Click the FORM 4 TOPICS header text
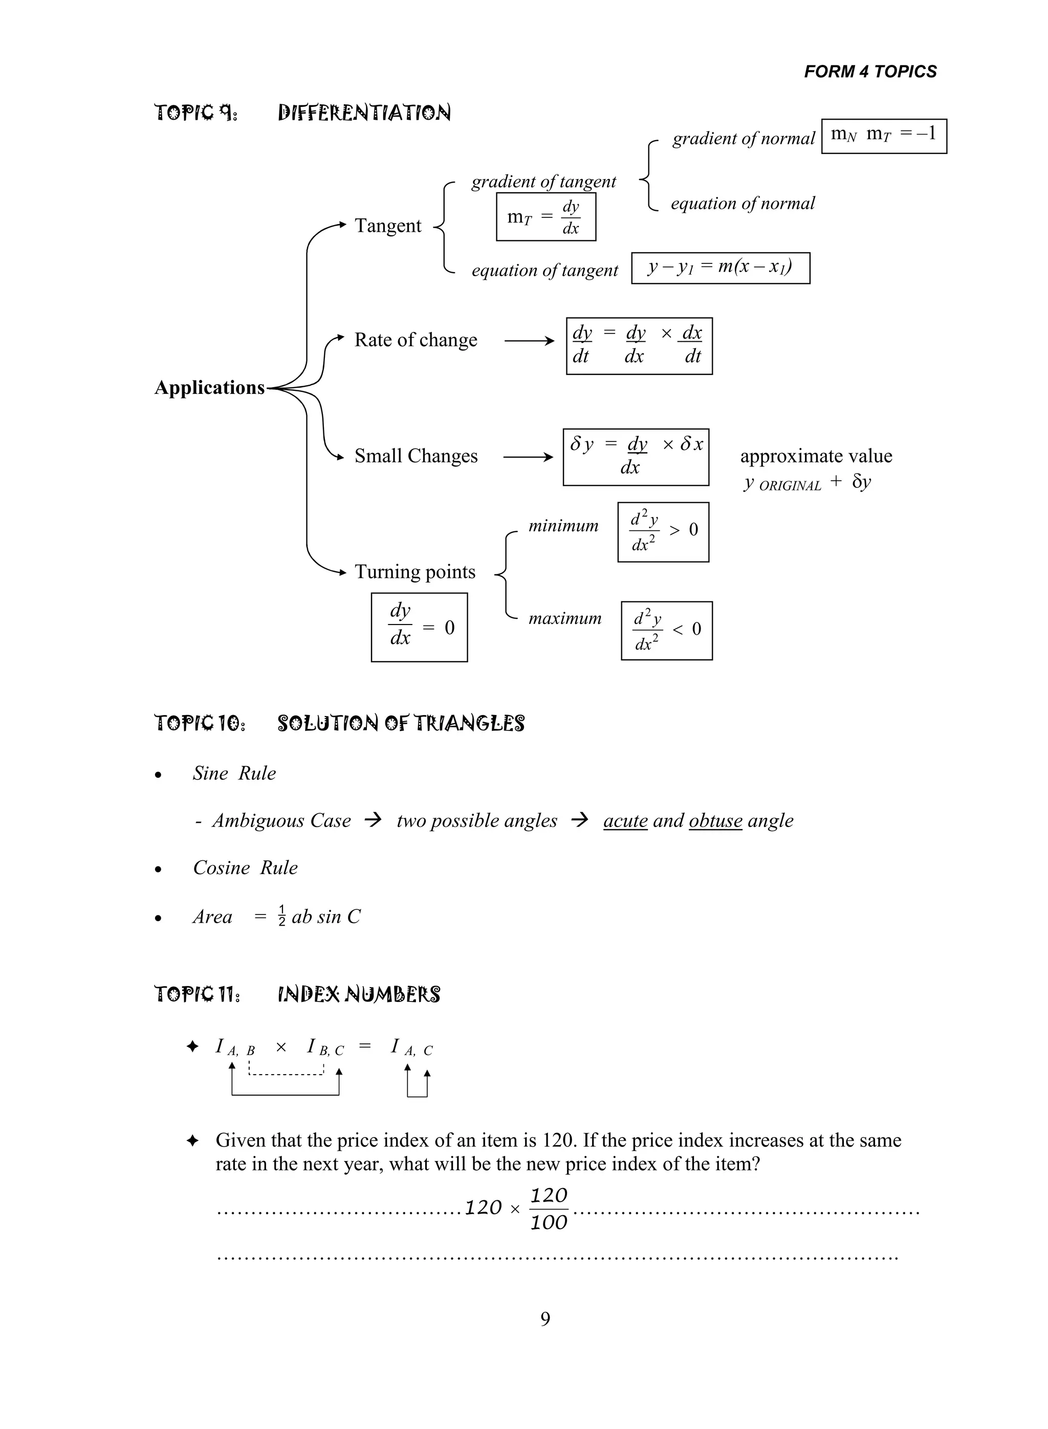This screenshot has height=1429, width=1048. [870, 72]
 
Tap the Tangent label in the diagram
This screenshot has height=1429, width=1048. [387, 226]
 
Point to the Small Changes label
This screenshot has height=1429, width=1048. [416, 456]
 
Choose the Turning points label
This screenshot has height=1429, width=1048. [415, 572]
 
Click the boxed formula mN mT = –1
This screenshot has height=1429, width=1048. [884, 136]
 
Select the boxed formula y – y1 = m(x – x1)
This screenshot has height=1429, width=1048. [720, 267]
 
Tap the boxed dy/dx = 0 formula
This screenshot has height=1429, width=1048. [419, 627]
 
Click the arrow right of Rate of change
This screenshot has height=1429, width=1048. [529, 341]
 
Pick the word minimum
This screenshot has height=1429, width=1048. [563, 526]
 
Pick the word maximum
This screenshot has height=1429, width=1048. [564, 618]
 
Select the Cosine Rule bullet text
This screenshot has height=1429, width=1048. [245, 868]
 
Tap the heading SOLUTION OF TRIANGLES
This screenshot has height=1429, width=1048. [401, 723]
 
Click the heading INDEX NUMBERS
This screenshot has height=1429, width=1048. [359, 994]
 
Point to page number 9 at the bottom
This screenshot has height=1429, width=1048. [545, 1320]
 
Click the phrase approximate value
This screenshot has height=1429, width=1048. [816, 456]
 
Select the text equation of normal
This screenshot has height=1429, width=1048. [742, 204]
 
